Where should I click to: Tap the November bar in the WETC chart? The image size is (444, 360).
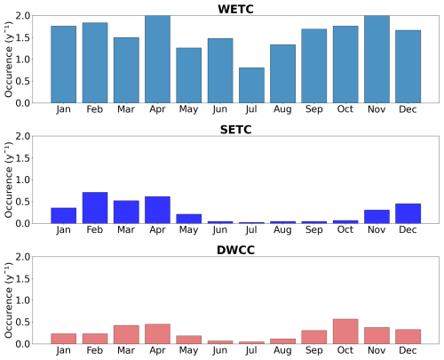(376, 60)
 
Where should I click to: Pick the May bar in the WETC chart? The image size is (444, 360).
(188, 76)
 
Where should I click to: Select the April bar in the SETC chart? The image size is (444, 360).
(157, 210)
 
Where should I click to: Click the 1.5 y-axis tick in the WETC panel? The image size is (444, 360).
(23, 38)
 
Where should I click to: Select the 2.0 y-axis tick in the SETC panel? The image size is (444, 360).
(23, 137)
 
